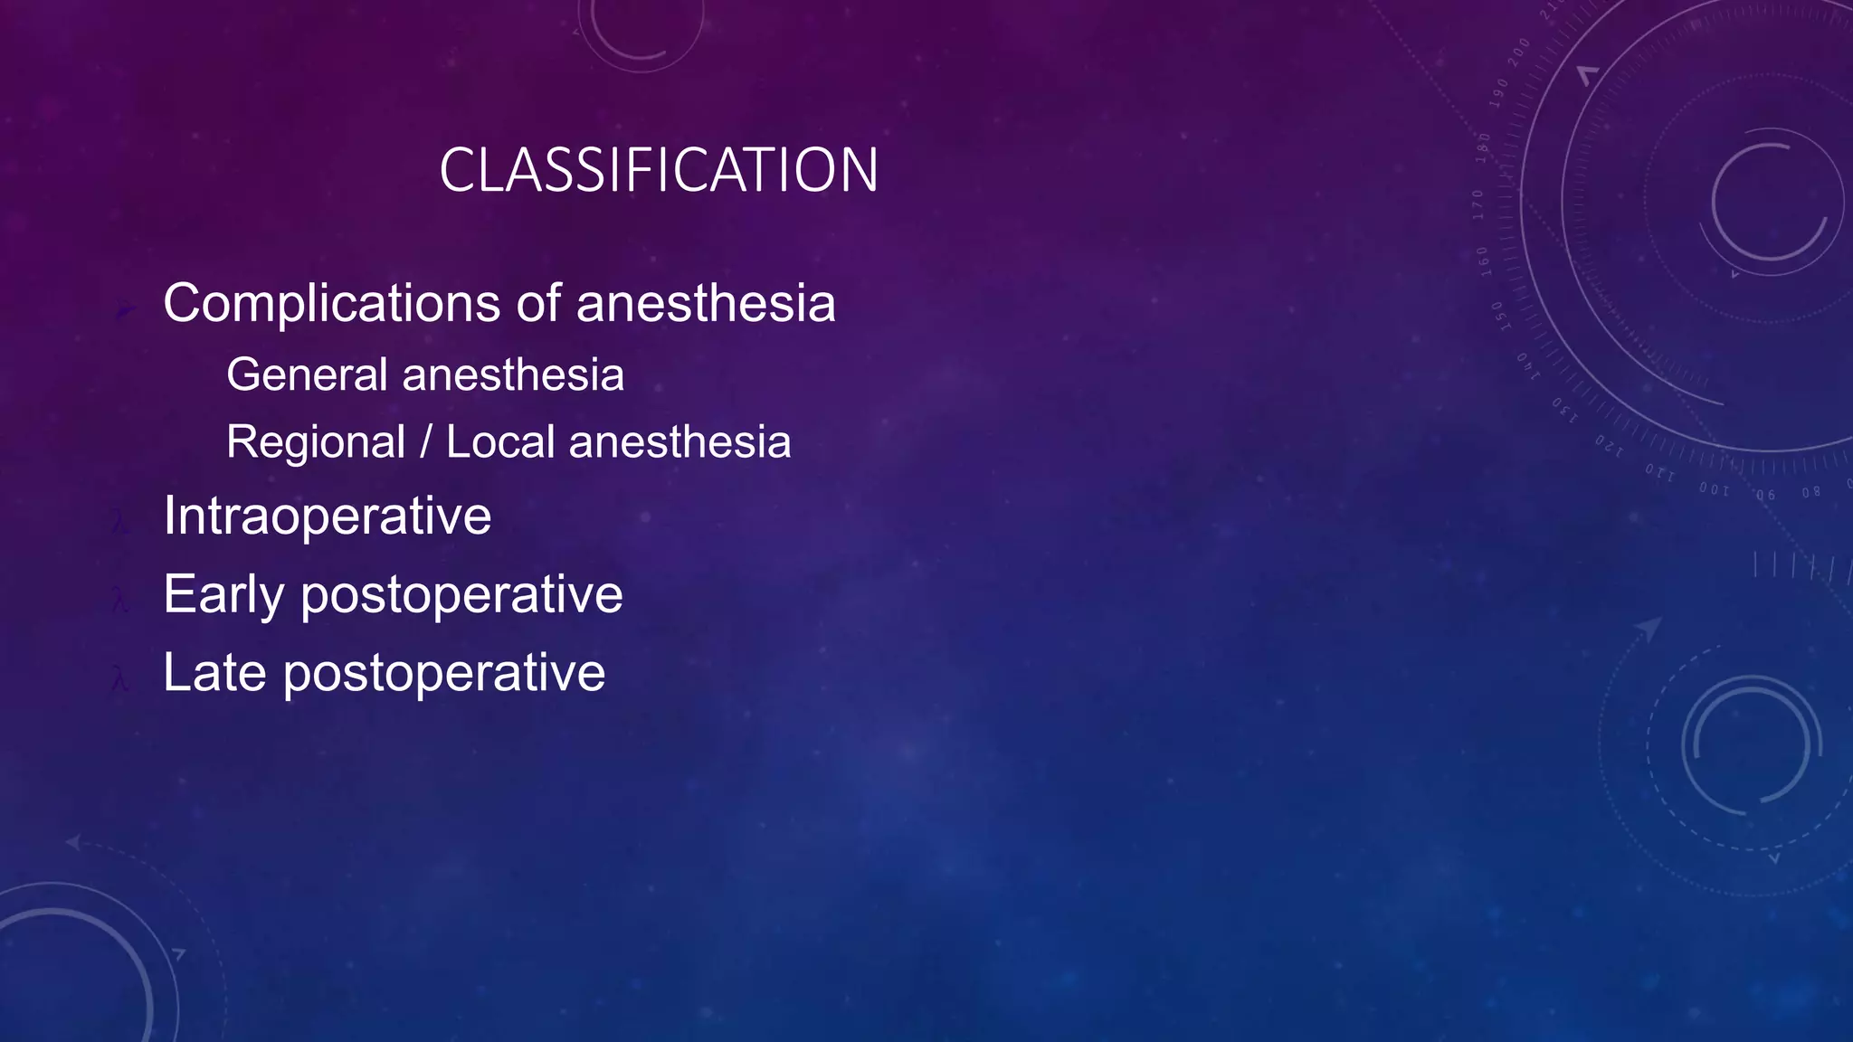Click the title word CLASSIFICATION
658,170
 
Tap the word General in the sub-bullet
307,374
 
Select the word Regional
315,442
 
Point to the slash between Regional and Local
426,442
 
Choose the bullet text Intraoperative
327,516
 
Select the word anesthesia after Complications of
706,303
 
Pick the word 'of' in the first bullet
538,303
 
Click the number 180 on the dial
1483,147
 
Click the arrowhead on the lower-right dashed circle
1649,627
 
